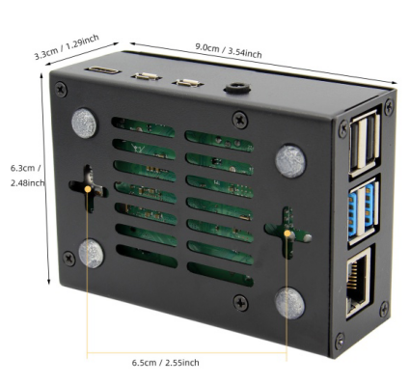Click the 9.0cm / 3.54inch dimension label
tap(229, 50)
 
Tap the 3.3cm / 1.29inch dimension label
tap(67, 47)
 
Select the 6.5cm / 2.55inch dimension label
tap(165, 363)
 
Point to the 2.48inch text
tap(27, 183)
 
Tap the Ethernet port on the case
tap(359, 283)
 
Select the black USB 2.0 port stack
tap(365, 144)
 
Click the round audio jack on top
tap(237, 88)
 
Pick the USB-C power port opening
tap(102, 70)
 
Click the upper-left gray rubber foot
tap(84, 123)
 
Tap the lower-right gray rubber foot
tap(289, 303)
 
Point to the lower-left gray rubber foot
tap(92, 254)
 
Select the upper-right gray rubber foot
tap(290, 161)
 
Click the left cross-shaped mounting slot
tap(89, 189)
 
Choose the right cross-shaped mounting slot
tap(287, 233)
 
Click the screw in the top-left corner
tap(61, 89)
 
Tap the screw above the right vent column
tap(240, 119)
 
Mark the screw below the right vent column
tap(240, 303)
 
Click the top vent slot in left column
tap(144, 127)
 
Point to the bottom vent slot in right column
tap(220, 274)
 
